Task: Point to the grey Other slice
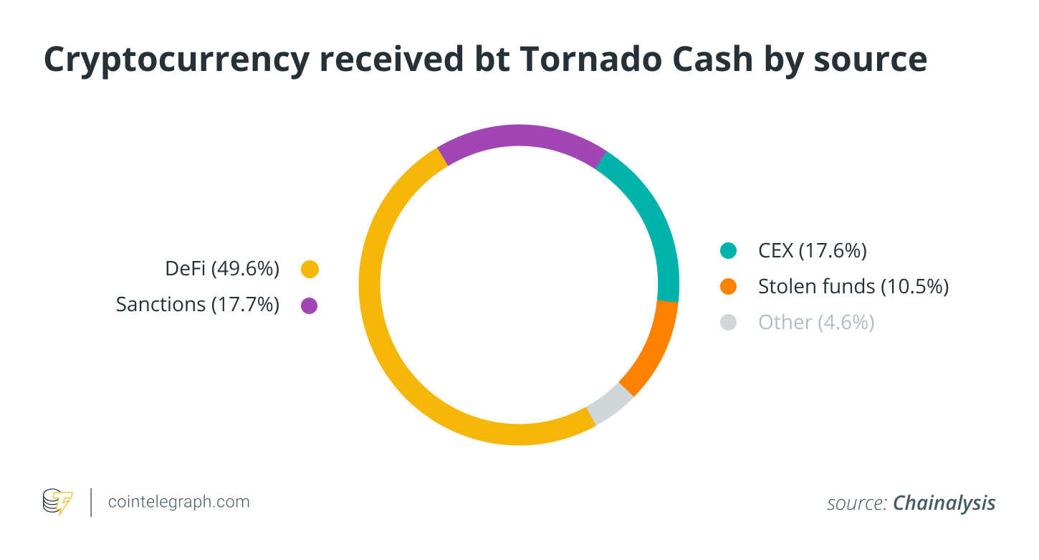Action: (610, 406)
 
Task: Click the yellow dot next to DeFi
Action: (310, 270)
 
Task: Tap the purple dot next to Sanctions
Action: (310, 305)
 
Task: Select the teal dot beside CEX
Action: (729, 251)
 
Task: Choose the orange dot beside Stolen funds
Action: (729, 287)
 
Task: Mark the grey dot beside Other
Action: (729, 323)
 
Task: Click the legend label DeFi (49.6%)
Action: (221, 270)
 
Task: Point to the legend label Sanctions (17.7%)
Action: (197, 305)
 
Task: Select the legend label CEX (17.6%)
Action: (813, 251)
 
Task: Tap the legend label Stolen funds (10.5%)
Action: (853, 287)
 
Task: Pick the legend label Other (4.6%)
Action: (816, 323)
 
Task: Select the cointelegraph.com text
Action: (178, 502)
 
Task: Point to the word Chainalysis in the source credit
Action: (944, 503)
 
